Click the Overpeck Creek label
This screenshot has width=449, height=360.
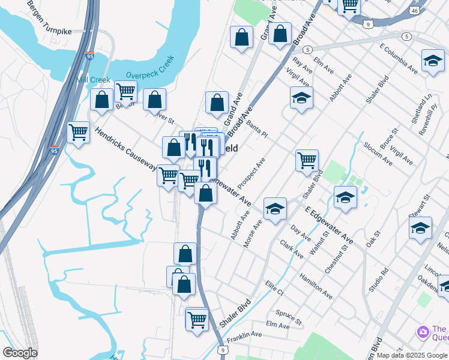[x=150, y=68]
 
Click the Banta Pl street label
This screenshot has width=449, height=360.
[x=256, y=130]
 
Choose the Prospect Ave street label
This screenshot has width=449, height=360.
[x=251, y=173]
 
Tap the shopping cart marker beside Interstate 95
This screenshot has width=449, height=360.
[x=78, y=132]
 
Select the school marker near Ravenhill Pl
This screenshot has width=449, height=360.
[x=433, y=61]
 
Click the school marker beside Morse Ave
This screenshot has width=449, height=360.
[x=275, y=208]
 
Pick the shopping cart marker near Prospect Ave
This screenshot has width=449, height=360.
[x=307, y=161]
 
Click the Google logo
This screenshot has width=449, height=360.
[x=20, y=353]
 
